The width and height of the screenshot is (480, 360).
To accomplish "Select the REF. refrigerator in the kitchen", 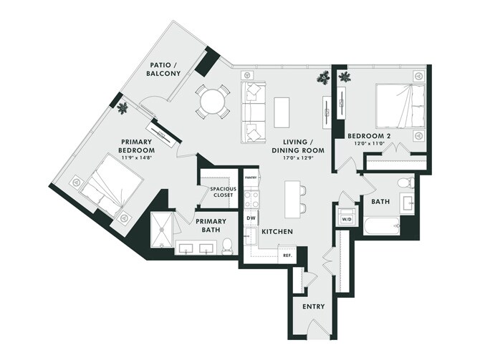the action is (x=287, y=255).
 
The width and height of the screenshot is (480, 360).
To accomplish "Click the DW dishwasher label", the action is (x=251, y=218).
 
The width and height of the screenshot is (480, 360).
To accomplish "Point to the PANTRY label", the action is (x=251, y=177).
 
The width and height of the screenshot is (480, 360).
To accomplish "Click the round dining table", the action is (x=212, y=101).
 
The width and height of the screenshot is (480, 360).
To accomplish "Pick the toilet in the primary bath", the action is (x=227, y=246).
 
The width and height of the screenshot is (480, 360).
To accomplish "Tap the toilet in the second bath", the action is (x=406, y=183).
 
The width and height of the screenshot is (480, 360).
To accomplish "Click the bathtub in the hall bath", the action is (x=382, y=226).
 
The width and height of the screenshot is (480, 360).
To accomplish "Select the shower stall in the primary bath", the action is (x=162, y=230).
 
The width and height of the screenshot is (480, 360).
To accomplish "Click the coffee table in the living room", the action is (x=282, y=112).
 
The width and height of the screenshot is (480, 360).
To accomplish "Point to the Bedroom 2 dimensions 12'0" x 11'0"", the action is (x=369, y=142).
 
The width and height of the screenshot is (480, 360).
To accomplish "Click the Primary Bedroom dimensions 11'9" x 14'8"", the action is (x=136, y=158).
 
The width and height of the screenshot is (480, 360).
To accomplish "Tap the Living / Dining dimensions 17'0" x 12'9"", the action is (x=299, y=158).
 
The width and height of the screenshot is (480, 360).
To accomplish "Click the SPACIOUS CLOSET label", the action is (x=223, y=192).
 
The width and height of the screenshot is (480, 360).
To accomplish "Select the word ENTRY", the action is (x=314, y=306).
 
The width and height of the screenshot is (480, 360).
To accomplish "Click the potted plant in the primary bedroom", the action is (x=123, y=107).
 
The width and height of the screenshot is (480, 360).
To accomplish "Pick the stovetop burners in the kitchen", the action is (x=251, y=198).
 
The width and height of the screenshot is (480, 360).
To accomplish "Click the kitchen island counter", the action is (x=292, y=200).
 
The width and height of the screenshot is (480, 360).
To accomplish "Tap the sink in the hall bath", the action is (x=408, y=203).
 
